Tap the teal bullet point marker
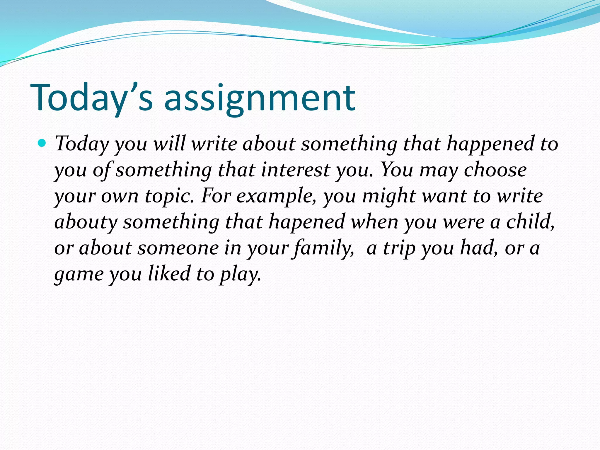tap(42, 143)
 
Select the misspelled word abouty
tap(86, 222)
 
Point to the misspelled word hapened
tap(307, 222)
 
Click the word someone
tap(178, 248)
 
